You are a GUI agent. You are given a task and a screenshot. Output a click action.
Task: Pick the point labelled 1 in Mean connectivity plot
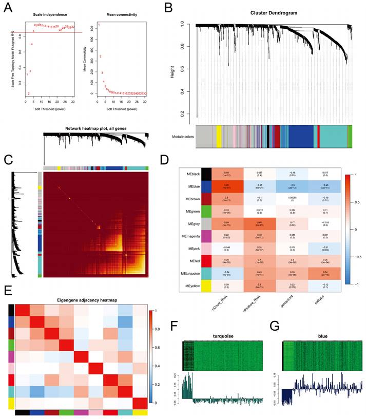click(99, 25)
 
